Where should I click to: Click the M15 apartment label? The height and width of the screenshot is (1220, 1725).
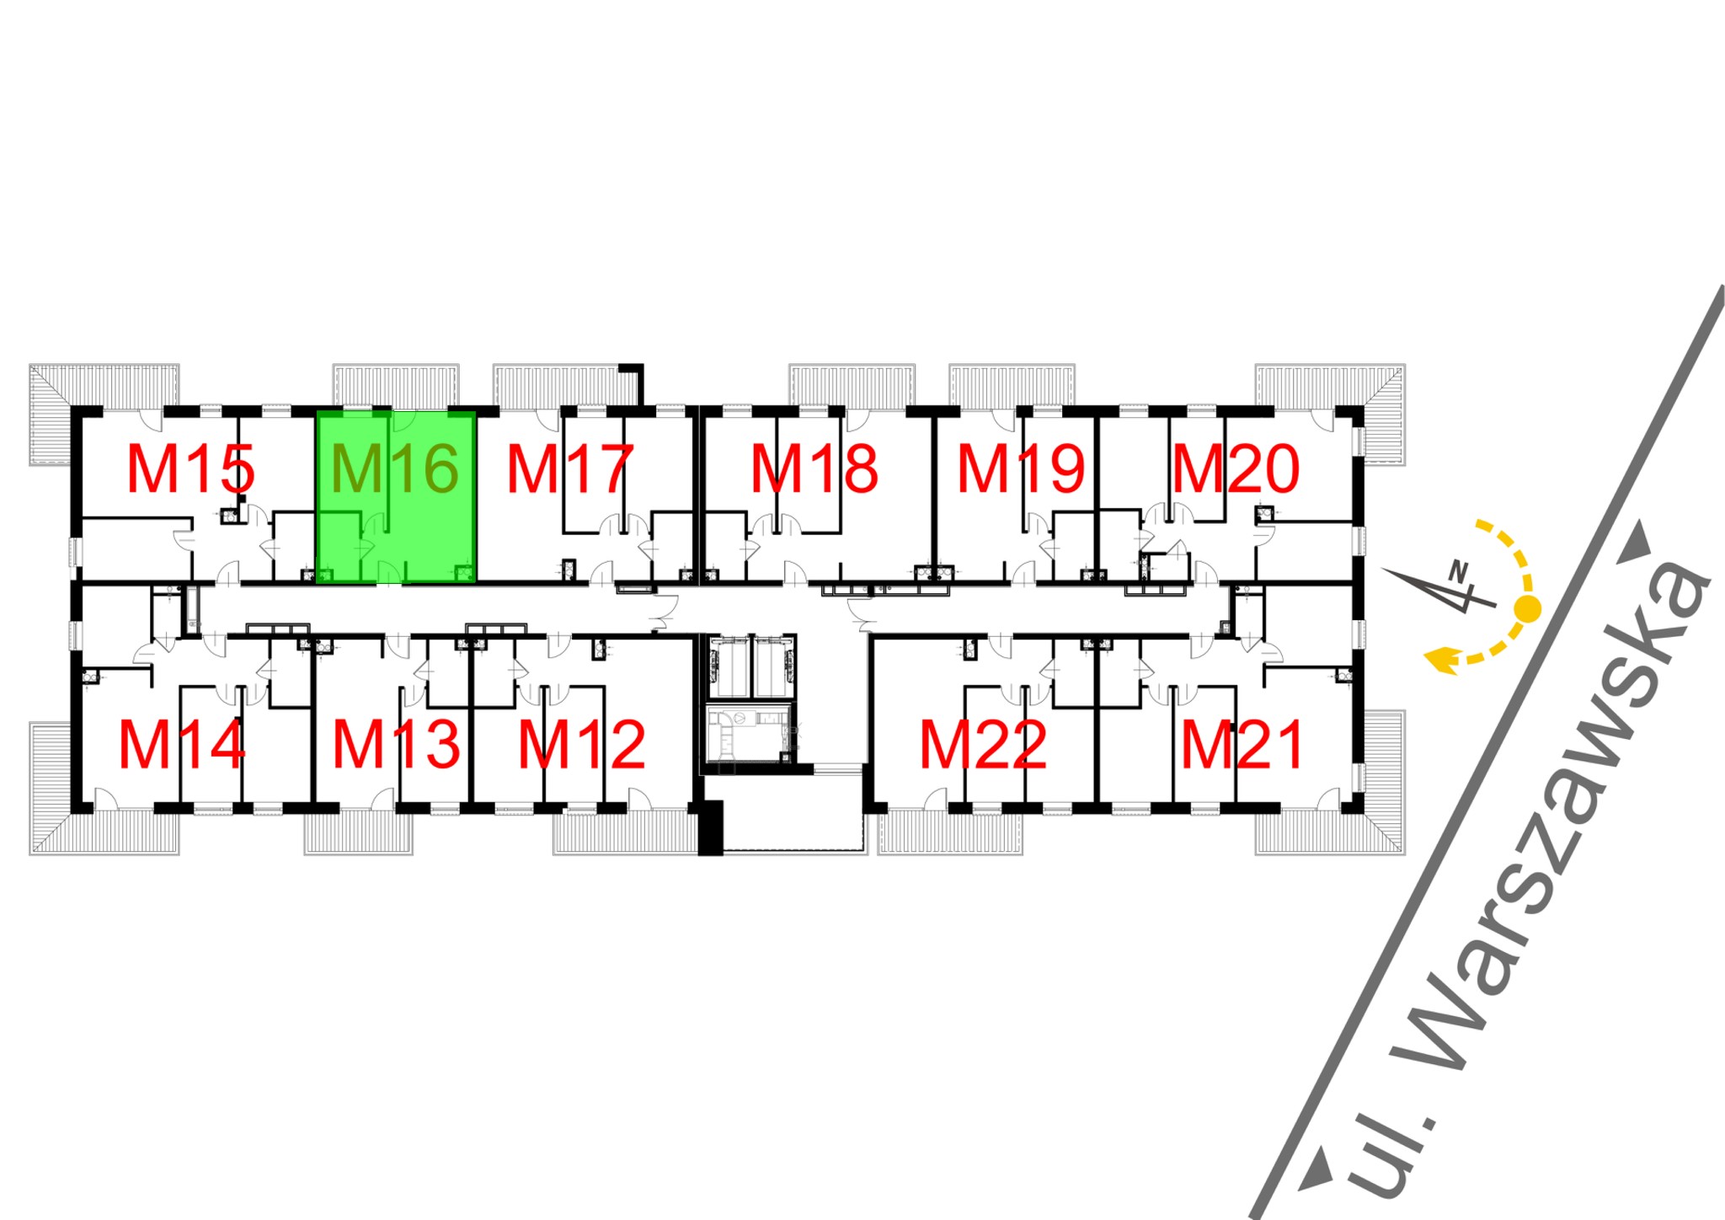(x=191, y=469)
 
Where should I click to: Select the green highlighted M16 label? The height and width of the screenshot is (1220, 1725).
(x=395, y=469)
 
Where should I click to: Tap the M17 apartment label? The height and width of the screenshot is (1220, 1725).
(x=569, y=469)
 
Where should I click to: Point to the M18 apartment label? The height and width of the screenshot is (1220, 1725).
(x=814, y=469)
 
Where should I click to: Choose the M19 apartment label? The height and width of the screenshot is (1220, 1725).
(x=1021, y=469)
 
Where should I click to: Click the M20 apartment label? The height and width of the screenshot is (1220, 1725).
(x=1236, y=469)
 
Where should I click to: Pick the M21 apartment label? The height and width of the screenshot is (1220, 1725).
(x=1242, y=745)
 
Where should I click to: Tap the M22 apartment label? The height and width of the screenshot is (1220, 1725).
(x=983, y=745)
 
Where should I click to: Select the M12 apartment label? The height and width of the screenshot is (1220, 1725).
(x=581, y=745)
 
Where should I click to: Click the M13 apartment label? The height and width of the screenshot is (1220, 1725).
(x=397, y=745)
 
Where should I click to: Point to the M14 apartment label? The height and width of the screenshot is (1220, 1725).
(x=182, y=745)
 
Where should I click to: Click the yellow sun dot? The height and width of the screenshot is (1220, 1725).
(x=1528, y=607)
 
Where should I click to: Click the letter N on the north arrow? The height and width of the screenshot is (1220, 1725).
(x=1458, y=570)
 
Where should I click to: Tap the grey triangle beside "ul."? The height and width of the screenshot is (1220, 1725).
(x=1316, y=1172)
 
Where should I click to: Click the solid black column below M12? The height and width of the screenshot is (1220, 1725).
(x=710, y=828)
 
